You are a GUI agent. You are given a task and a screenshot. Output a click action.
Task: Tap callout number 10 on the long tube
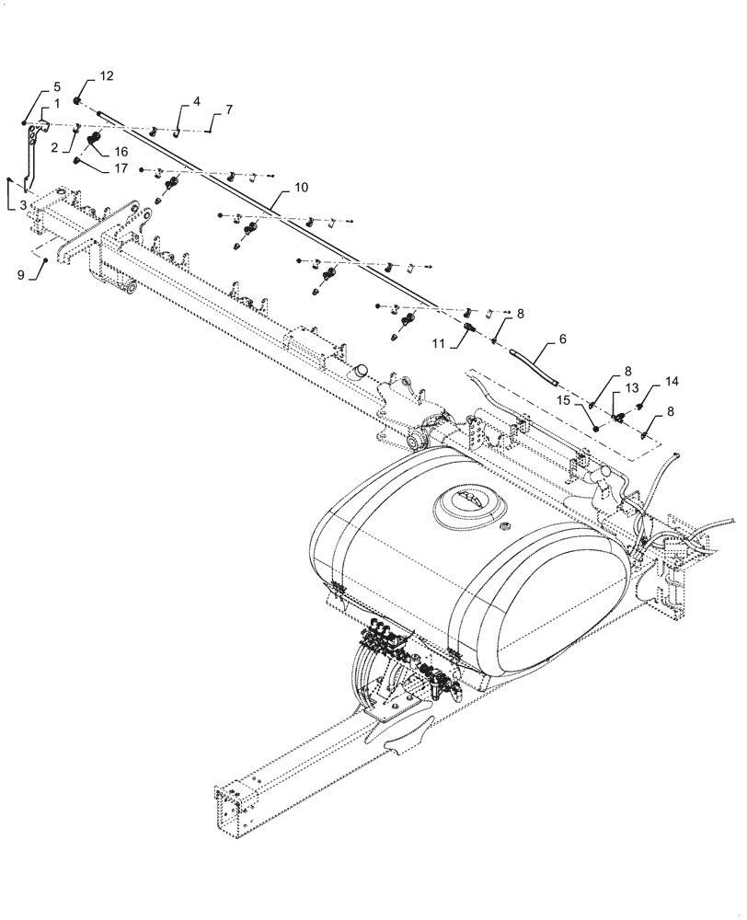pos(301,187)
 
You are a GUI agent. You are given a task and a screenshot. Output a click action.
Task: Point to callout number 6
pos(562,339)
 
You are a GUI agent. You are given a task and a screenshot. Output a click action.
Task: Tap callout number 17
pos(121,169)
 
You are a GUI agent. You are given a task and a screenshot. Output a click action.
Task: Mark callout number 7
pos(228,109)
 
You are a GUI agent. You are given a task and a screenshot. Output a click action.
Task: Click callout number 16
pos(121,150)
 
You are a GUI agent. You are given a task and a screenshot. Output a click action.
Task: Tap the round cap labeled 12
pos(78,99)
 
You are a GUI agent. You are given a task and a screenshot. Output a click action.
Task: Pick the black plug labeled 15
pos(597,426)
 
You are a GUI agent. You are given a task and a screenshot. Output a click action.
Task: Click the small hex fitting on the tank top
pos(504,527)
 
